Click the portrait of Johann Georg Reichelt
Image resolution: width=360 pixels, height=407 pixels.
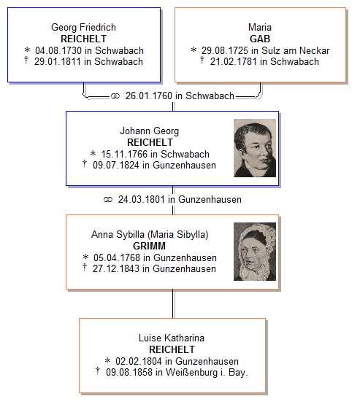pos(255,148)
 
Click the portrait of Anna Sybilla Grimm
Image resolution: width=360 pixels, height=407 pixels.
pos(255,252)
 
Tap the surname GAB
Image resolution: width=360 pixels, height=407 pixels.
pos(260,39)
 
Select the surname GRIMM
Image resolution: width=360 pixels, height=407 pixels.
pos(149,246)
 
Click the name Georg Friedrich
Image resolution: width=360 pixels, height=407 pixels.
pos(83,27)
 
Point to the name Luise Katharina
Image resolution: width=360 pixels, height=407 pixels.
pos(172,338)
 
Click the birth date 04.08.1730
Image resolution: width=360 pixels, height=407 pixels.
pos(58,50)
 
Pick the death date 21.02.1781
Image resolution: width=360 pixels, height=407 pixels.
pos(234,62)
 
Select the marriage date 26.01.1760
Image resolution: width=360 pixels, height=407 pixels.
pos(149,96)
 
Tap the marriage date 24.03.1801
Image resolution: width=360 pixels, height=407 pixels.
pos(142,199)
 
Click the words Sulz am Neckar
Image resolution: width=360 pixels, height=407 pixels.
pos(295,50)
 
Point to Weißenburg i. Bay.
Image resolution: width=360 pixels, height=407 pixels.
pos(207,372)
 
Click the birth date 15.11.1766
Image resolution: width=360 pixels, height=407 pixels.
pos(124,154)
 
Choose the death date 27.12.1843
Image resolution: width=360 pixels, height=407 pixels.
pos(116,268)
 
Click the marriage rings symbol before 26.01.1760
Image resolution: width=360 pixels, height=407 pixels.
pos(115,96)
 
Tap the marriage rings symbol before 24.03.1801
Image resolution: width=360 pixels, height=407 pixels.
pos(108,200)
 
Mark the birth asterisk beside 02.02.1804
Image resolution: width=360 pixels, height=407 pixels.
pos(107,360)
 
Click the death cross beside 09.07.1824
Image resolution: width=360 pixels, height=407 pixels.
pos(85,164)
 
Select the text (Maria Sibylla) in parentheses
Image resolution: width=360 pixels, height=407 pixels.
pos(178,234)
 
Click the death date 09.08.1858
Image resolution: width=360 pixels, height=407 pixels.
pos(129,372)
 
